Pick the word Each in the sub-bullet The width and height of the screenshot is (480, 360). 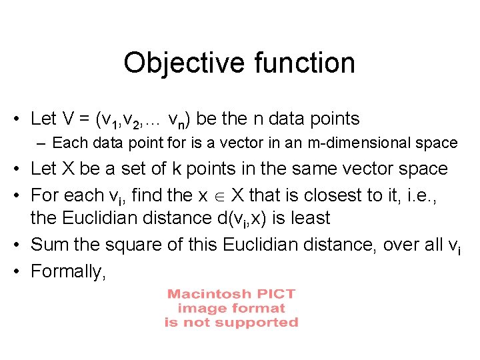click(67, 143)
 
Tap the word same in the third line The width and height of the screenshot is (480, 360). click(325, 169)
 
